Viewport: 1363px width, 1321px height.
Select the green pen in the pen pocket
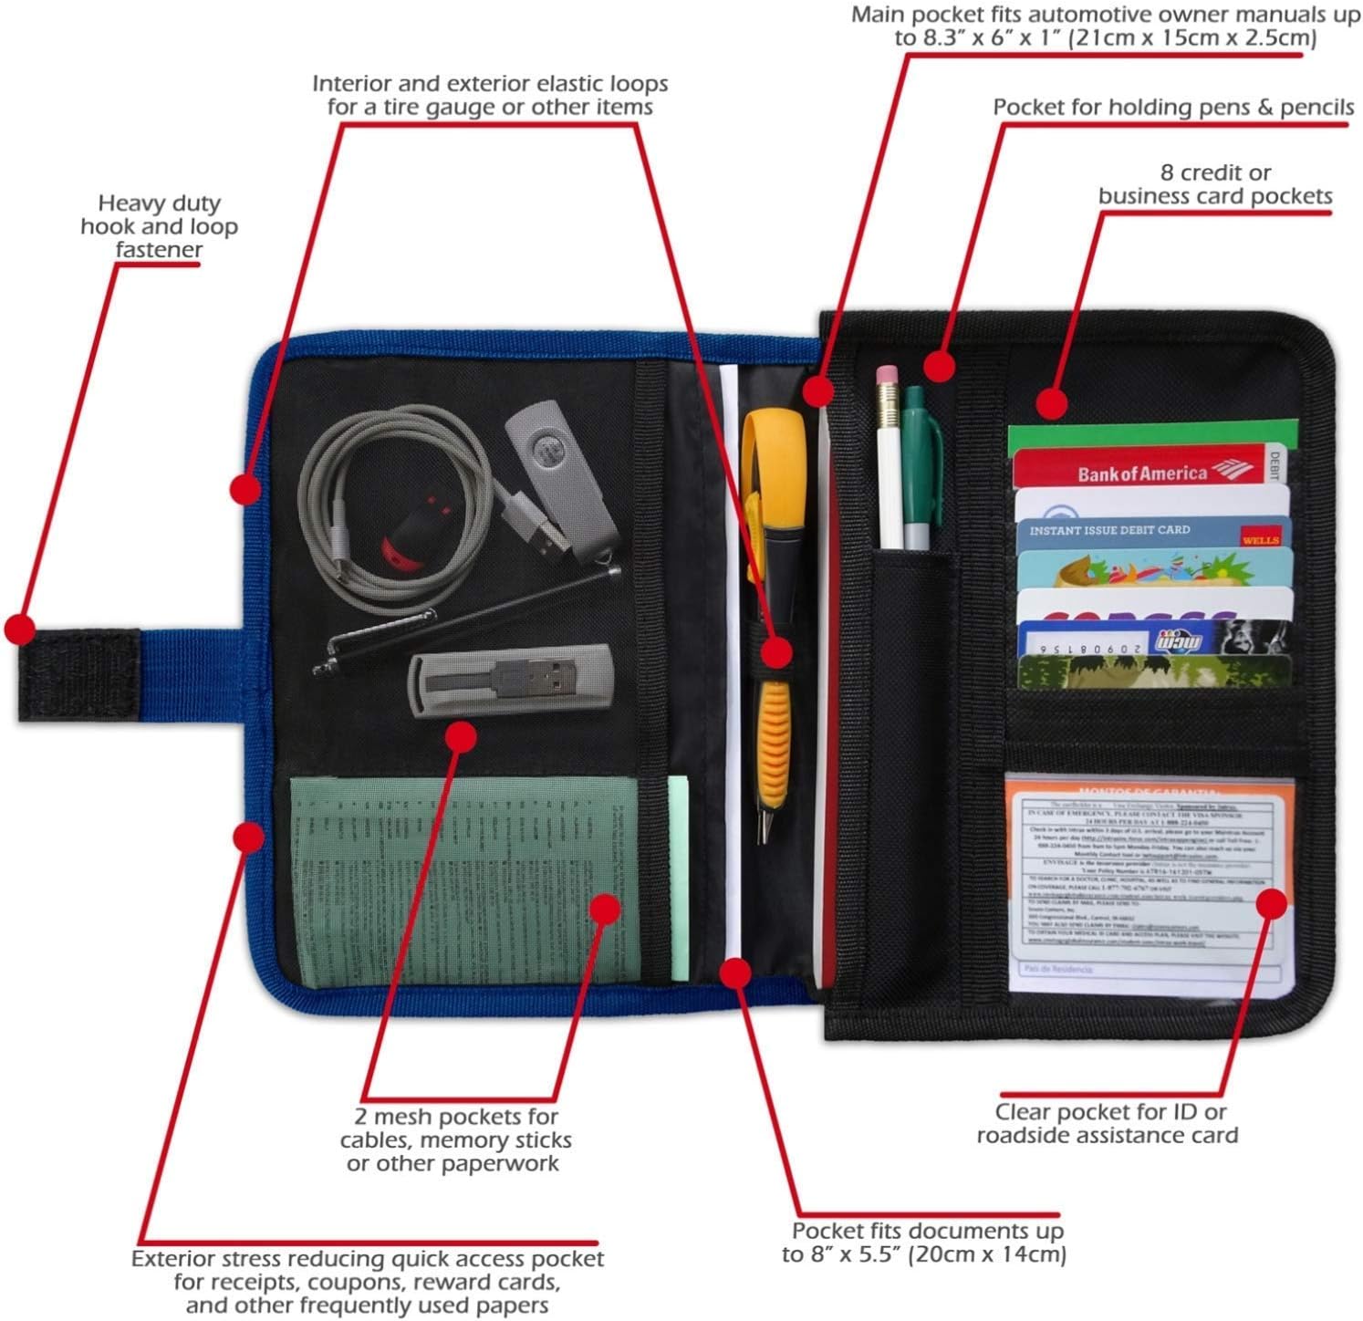click(x=916, y=465)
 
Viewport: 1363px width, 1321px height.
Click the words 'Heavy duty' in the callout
click(x=159, y=203)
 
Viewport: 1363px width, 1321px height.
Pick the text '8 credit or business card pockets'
click(x=1215, y=184)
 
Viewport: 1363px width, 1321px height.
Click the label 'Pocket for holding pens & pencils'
click(x=1173, y=108)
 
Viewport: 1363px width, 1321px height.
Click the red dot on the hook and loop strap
click(x=19, y=629)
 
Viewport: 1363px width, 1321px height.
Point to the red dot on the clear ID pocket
click(x=1272, y=903)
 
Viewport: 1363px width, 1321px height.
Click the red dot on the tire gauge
click(x=777, y=651)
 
